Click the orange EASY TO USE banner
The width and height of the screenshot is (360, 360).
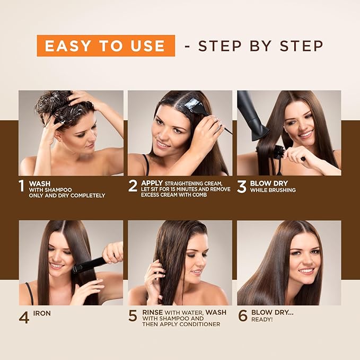(105, 46)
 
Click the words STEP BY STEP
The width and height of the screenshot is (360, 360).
(260, 46)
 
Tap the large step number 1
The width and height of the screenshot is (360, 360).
(21, 187)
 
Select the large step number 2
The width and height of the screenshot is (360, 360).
(133, 187)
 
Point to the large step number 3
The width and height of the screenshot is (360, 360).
(242, 187)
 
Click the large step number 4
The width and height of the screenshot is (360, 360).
(24, 317)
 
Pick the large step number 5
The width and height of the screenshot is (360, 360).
(133, 317)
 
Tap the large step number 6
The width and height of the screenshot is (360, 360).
(242, 317)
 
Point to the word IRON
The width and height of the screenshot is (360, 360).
(42, 313)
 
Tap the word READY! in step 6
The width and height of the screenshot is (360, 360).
(262, 320)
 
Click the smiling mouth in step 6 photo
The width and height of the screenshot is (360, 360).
(306, 270)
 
